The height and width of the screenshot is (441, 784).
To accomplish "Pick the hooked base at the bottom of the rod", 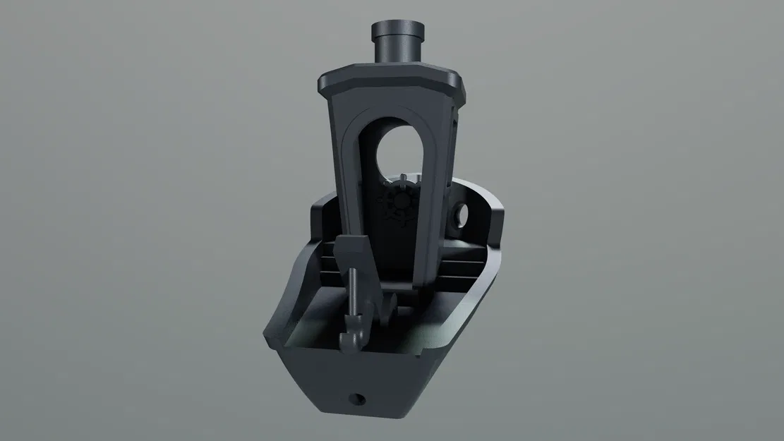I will (351, 339).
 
